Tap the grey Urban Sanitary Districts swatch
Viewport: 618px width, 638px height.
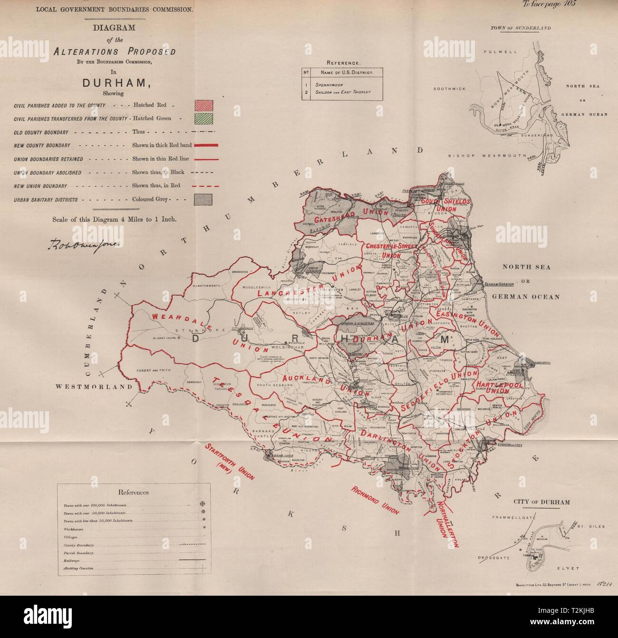(203, 200)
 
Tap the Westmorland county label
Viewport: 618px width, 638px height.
(94, 387)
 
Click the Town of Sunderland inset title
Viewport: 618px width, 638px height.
(521, 28)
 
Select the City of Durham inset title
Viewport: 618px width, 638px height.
(542, 502)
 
